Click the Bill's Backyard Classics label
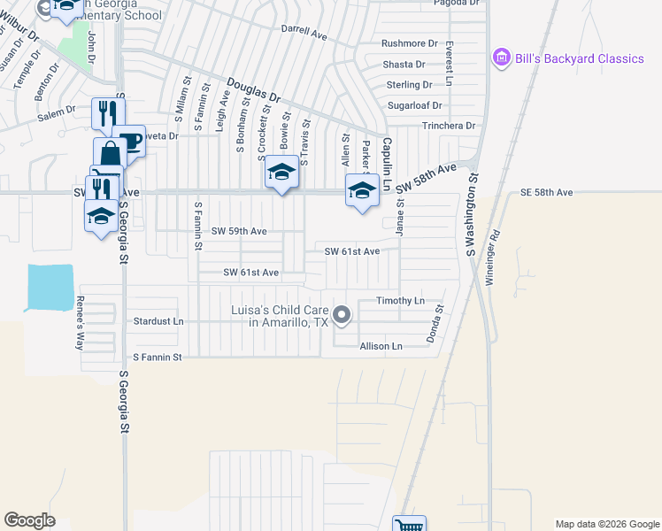pos(581,58)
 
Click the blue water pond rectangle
pos(50,288)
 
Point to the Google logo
pos(29,519)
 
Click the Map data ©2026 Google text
pos(606,524)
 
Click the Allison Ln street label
pos(381,345)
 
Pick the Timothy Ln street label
pos(400,301)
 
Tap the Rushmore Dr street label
pos(410,42)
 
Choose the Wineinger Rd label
pos(493,257)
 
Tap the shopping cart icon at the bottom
pos(409,525)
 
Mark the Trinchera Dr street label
pos(448,126)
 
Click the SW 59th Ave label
pos(239,230)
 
